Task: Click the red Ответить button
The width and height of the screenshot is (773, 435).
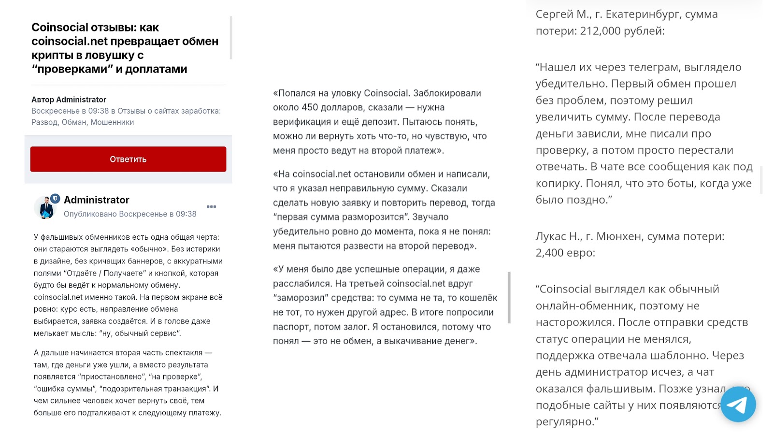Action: point(128,159)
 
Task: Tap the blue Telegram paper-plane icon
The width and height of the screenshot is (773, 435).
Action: point(738,405)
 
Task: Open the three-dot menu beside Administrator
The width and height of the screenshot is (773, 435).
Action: point(211,206)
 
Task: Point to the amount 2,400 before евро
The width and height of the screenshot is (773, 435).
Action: point(550,253)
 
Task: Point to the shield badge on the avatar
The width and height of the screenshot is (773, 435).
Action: point(55,198)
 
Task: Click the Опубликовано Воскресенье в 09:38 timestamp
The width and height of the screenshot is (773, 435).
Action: point(130,214)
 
